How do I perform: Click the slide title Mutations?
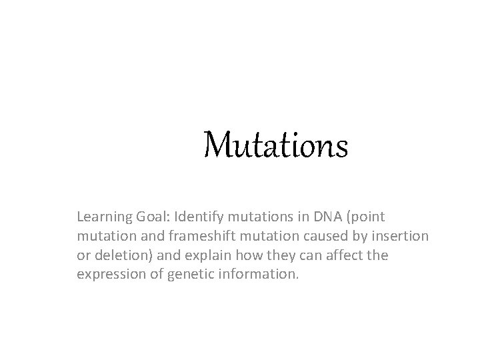pyautogui.click(x=276, y=145)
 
